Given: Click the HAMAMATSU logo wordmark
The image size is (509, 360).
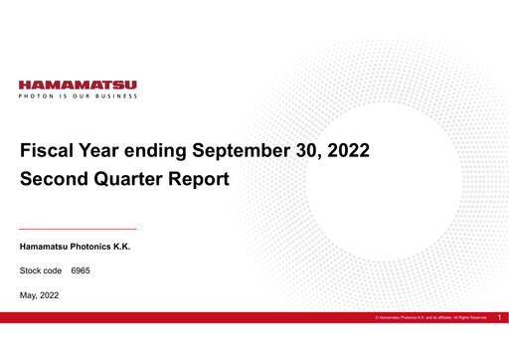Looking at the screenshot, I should [x=79, y=86].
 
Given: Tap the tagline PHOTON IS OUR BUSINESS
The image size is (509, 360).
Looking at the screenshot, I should [x=79, y=96].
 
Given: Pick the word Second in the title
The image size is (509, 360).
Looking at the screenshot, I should [x=56, y=180].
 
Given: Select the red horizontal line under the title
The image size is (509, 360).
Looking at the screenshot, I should [x=79, y=229].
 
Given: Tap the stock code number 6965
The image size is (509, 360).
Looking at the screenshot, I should [x=81, y=270].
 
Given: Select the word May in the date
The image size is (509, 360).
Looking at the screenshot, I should [x=29, y=295].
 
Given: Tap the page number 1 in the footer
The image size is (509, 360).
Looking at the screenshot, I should [x=500, y=317].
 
